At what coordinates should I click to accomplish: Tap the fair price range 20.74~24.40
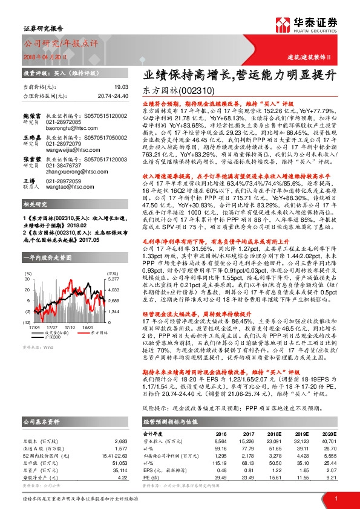click(x=112, y=96)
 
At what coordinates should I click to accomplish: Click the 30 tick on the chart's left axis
click(x=28, y=279)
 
